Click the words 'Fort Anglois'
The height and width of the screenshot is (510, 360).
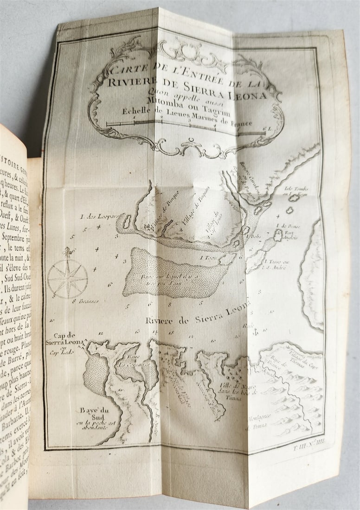(x=292, y=235)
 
